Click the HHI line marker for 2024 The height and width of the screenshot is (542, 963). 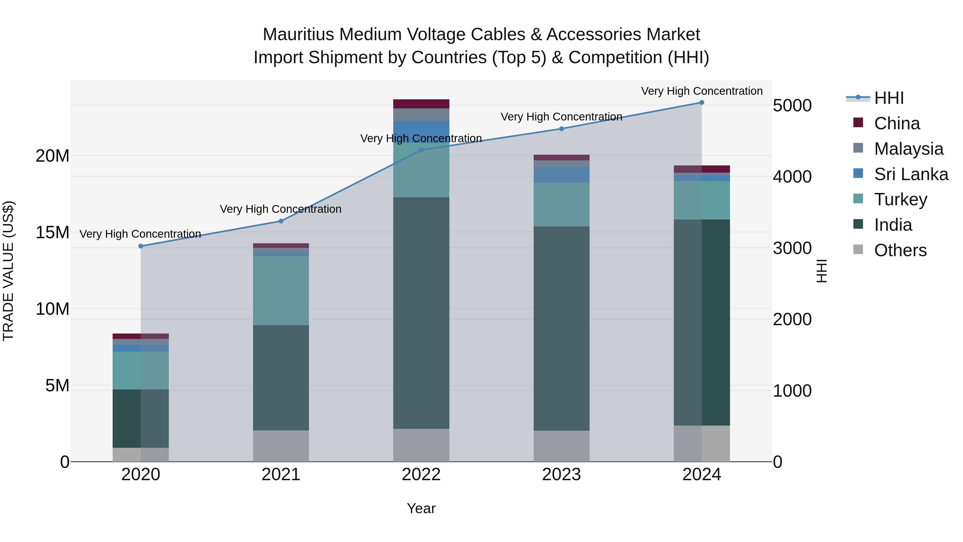[702, 103]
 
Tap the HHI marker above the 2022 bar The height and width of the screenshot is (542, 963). [421, 150]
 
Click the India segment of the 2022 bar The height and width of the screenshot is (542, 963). [421, 313]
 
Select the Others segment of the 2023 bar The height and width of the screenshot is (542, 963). [561, 446]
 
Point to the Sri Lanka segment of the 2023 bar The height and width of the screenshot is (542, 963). [561, 175]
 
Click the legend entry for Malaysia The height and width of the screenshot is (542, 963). [908, 149]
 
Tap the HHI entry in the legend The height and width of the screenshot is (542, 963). [889, 98]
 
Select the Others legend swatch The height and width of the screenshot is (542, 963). [858, 249]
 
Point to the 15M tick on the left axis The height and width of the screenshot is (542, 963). [52, 232]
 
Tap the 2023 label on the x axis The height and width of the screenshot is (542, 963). [561, 475]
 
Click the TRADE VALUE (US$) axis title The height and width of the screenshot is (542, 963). [8, 271]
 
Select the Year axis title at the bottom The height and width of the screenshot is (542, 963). [421, 508]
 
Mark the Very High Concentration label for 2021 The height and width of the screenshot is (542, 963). [281, 209]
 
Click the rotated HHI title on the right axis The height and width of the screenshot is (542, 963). [822, 271]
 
